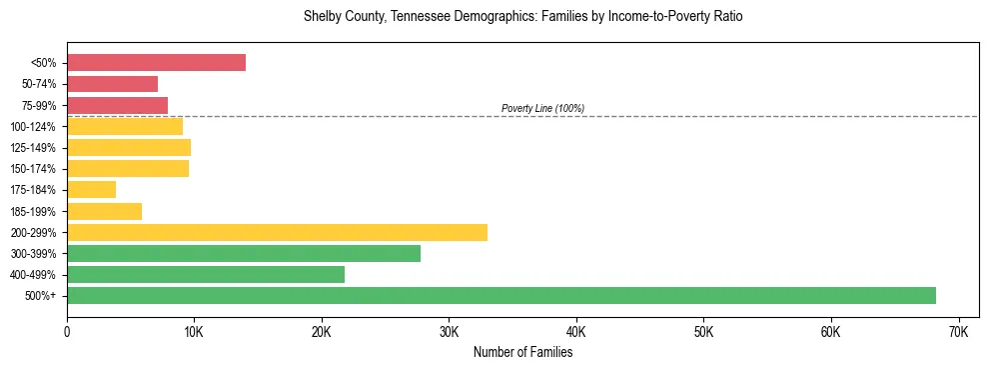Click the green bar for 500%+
[501, 295]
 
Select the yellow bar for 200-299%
[277, 232]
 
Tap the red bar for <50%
[156, 63]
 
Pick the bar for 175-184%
[91, 189]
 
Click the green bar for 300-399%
[244, 253]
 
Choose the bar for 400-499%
[206, 274]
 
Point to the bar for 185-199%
[104, 211]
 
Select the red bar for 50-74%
[112, 84]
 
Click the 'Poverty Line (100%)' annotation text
[542, 108]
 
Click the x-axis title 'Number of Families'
[522, 352]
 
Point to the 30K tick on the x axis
[449, 331]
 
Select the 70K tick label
[958, 331]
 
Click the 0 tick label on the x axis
[67, 331]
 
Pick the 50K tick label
[703, 331]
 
